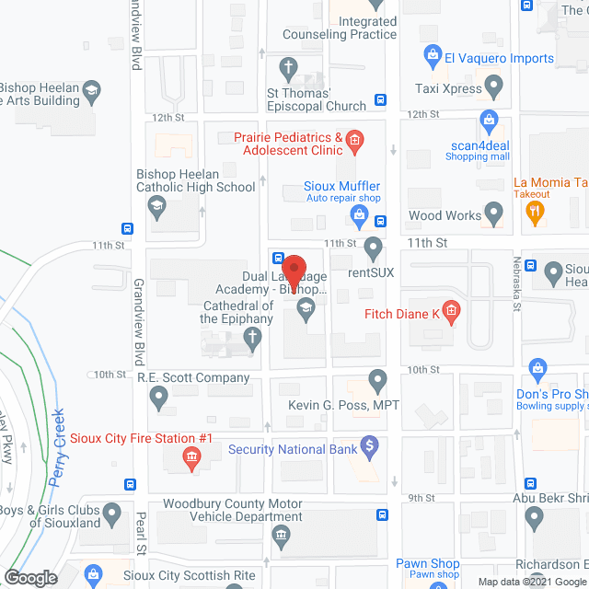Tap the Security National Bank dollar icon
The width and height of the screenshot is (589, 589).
tap(370, 448)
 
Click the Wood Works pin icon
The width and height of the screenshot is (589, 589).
tap(494, 215)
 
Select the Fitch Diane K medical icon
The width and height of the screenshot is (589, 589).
tap(451, 313)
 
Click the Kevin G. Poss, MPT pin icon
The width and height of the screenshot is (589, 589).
tap(377, 379)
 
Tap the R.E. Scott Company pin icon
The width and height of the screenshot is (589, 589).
tap(158, 398)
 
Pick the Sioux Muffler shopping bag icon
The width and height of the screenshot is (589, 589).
tap(361, 216)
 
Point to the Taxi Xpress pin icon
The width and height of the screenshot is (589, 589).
tap(494, 88)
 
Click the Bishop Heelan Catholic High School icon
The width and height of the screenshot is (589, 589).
tap(156, 206)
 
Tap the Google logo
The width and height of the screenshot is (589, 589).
tap(29, 577)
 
